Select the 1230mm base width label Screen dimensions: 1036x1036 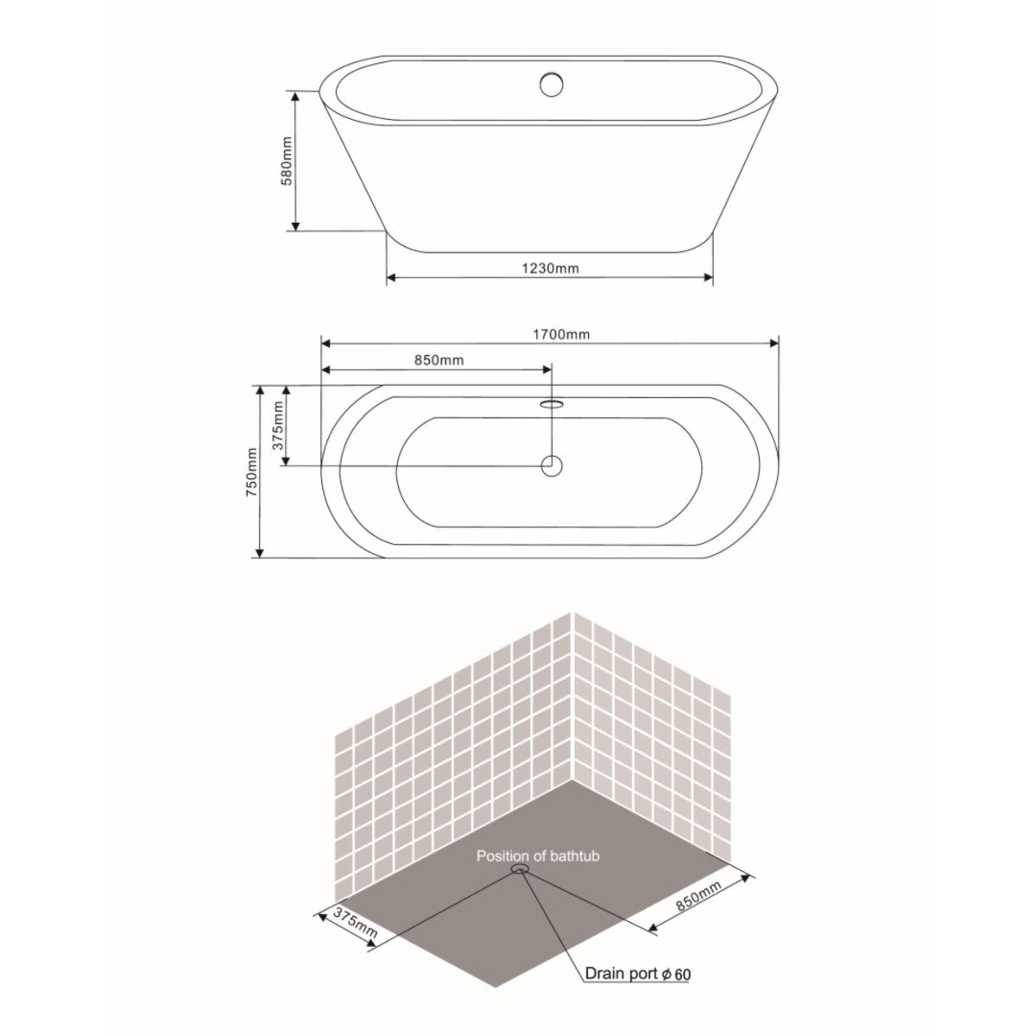click(549, 268)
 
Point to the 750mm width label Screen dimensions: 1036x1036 click(251, 473)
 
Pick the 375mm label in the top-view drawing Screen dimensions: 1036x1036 click(279, 425)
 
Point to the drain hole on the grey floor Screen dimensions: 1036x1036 click(521, 869)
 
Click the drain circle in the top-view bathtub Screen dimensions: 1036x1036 click(552, 465)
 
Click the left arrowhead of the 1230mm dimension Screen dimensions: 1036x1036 click(390, 278)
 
